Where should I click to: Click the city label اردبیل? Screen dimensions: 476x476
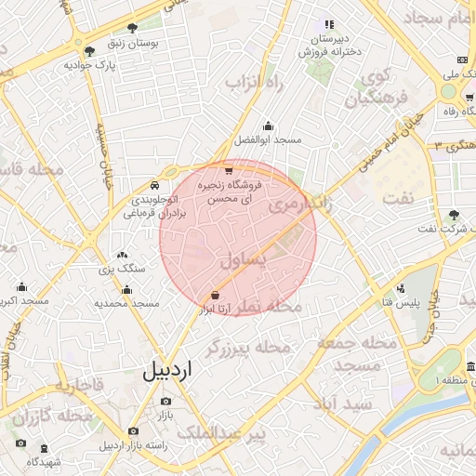(167, 370)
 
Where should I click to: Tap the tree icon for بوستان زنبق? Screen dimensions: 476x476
(133, 28)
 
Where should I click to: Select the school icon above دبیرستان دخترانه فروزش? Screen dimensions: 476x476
(327, 24)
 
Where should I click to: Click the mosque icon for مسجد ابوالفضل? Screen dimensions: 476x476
(269, 126)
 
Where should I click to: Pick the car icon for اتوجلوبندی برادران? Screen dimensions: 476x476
(154, 185)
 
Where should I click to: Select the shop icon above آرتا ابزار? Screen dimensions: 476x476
(216, 295)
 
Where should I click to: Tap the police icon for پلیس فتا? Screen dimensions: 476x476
(401, 289)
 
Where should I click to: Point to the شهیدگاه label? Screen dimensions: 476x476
(44, 461)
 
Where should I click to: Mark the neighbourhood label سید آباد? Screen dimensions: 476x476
(343, 404)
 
